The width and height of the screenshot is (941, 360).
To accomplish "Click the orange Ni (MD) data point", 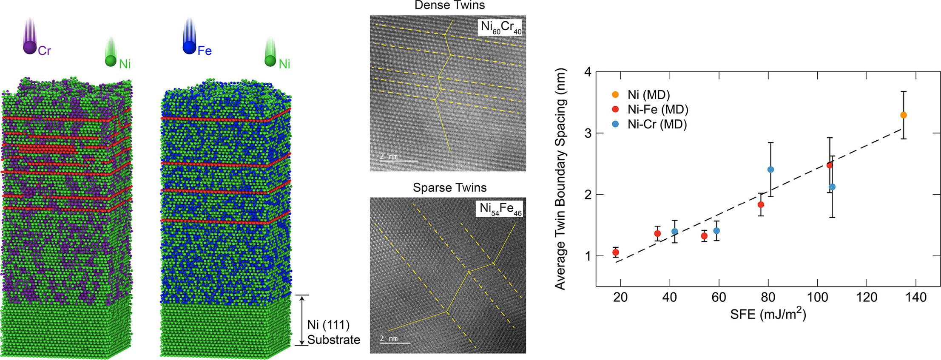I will (x=903, y=115).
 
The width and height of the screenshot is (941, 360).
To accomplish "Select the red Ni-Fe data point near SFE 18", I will (x=615, y=252).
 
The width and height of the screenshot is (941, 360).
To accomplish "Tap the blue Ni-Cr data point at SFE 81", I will (x=770, y=170).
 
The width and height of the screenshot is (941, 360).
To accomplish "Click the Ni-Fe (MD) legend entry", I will (x=657, y=110).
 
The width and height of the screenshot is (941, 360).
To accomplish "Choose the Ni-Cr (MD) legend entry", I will (x=657, y=124).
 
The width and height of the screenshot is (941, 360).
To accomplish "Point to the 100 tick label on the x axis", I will (x=817, y=297).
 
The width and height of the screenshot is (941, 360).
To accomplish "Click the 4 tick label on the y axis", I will (x=588, y=72).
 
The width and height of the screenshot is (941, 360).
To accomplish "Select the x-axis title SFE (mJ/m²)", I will (x=768, y=314).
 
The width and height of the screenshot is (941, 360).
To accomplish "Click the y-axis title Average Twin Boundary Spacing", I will (x=561, y=179).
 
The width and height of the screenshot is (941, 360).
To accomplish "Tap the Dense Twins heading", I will (x=449, y=6).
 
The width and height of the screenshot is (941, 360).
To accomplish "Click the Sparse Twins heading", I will (x=449, y=187).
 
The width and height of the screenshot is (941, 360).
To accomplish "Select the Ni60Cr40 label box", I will (x=501, y=27).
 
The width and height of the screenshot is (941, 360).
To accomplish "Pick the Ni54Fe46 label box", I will (x=500, y=209).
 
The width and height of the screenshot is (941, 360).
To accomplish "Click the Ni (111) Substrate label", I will (x=333, y=332).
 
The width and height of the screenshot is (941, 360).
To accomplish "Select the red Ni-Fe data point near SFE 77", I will (x=761, y=205).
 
